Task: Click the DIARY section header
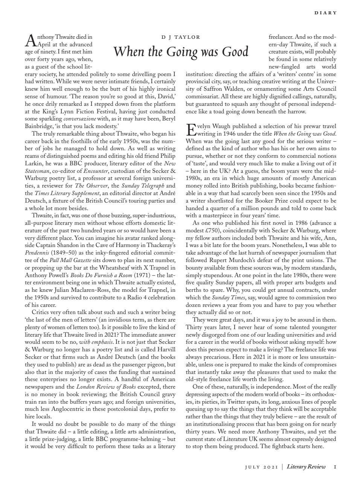coord(325,13)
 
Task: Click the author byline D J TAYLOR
coord(180,37)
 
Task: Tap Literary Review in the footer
coord(306,467)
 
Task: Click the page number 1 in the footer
coord(335,467)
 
